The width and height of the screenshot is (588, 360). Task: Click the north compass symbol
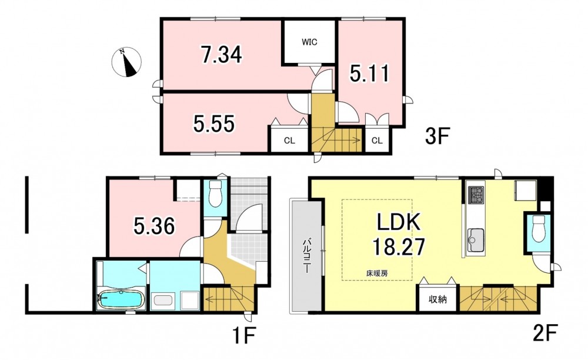127,62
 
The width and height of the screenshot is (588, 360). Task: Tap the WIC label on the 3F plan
309,42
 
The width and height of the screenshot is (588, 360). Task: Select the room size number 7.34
221,54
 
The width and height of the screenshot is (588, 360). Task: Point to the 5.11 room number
370,74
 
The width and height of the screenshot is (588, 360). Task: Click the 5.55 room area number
214,124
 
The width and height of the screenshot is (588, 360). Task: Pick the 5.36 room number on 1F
154,226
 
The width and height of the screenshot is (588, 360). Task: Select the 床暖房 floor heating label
377,274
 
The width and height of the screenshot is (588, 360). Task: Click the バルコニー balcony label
306,255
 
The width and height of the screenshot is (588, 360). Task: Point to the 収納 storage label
437,299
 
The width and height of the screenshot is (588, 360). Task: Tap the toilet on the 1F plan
215,194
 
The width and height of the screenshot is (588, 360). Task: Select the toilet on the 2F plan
538,229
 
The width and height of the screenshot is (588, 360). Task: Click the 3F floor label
437,136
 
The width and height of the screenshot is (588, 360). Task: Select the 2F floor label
545,332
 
